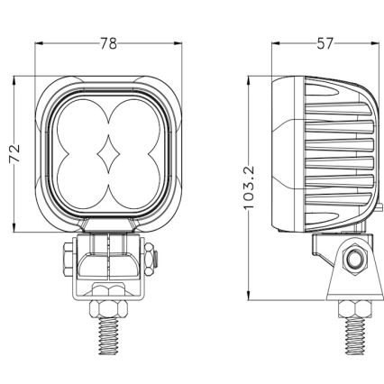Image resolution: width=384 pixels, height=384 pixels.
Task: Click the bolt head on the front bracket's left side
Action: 69,260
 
